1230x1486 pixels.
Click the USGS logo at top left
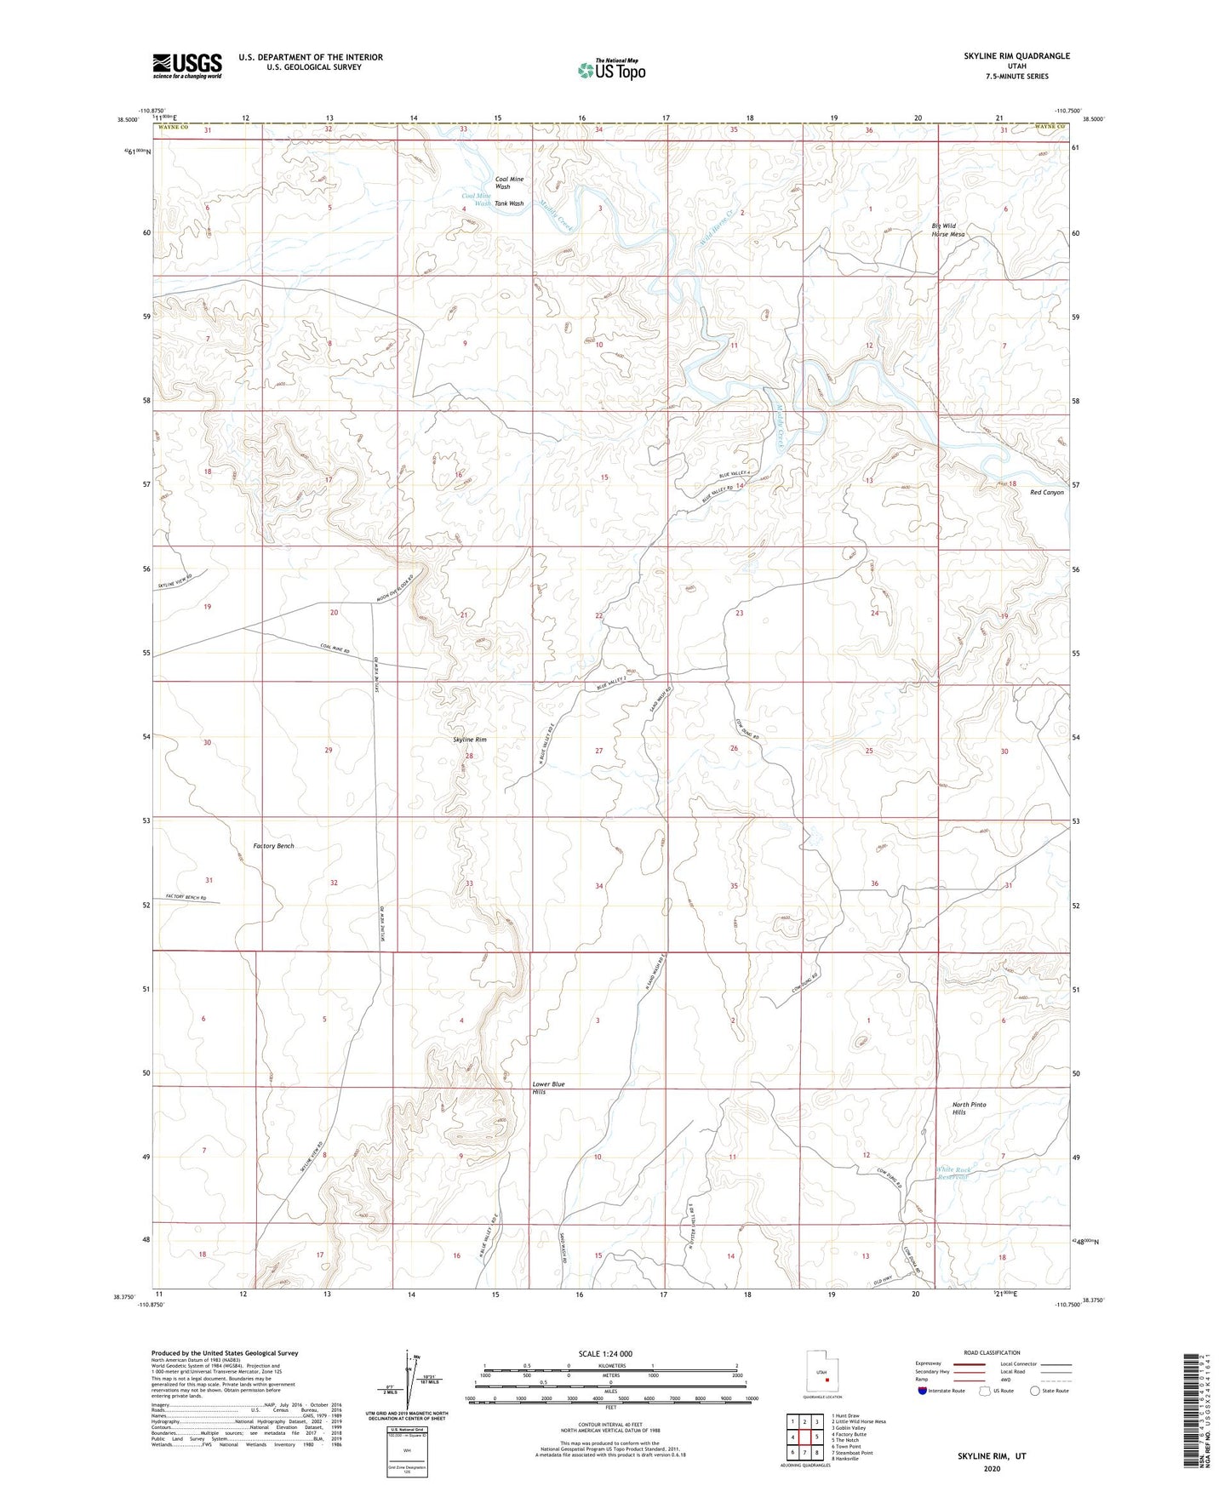pyautogui.click(x=187, y=65)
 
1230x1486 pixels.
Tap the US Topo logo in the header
pyautogui.click(x=610, y=70)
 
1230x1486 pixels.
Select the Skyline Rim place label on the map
pyautogui.click(x=470, y=740)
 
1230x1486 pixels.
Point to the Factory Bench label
pyautogui.click(x=274, y=846)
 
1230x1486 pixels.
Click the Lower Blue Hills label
pyautogui.click(x=547, y=1088)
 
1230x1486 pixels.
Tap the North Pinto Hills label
pyautogui.click(x=969, y=1108)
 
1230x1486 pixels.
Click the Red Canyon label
pyautogui.click(x=1046, y=493)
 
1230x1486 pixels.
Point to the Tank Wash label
pyautogui.click(x=510, y=203)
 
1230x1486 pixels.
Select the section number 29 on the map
pyautogui.click(x=328, y=750)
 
